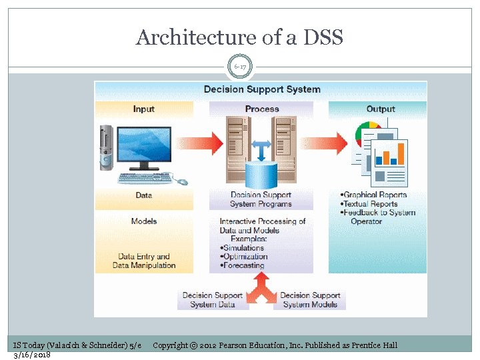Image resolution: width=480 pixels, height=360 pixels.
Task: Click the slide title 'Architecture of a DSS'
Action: [x=239, y=37]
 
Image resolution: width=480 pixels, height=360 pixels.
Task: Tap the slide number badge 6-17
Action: [x=240, y=67]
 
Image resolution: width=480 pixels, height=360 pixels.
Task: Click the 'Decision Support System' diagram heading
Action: [x=261, y=89]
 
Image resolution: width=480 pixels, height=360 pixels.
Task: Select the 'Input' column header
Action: [x=143, y=109]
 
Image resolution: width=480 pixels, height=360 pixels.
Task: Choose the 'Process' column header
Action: [x=261, y=109]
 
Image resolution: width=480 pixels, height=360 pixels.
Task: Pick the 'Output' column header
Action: [x=380, y=109]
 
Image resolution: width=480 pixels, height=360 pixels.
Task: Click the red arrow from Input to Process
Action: [x=209, y=141]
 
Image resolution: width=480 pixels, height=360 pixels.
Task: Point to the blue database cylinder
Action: [x=261, y=174]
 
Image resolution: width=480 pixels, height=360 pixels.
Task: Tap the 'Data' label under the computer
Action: [x=143, y=195]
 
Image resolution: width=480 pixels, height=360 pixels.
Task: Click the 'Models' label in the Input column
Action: [x=143, y=221]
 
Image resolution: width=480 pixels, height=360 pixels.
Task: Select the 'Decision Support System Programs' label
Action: [x=261, y=199]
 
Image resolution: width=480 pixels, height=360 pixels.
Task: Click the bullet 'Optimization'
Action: [x=245, y=256]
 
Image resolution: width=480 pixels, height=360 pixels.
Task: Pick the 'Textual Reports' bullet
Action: [x=370, y=204]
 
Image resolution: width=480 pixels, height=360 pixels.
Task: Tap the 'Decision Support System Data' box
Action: [x=213, y=300]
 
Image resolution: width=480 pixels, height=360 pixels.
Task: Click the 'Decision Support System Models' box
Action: [x=310, y=300]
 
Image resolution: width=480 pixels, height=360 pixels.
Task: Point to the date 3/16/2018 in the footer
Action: [x=32, y=354]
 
